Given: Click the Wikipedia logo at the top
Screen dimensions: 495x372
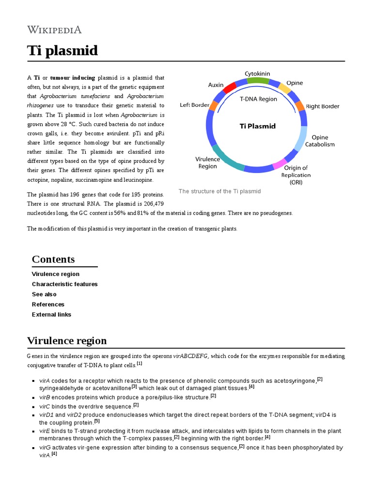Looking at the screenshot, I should [54, 29].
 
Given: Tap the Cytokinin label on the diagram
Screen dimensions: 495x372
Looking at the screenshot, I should [257, 73].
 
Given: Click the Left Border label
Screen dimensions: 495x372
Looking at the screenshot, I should [194, 105].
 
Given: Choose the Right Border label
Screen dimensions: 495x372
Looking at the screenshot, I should [323, 106].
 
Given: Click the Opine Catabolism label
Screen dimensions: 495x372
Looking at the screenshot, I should [323, 141].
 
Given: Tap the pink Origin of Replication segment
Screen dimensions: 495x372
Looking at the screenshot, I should [279, 165].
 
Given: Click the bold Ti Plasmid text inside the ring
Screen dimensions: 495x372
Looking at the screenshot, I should [258, 126].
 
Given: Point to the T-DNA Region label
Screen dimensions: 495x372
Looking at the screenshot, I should [259, 99].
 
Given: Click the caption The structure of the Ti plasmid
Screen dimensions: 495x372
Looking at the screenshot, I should [219, 191].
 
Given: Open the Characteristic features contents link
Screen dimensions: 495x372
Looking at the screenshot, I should [64, 284].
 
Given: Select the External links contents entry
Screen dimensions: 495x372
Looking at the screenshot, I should [51, 315].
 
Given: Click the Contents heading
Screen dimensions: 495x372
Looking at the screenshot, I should [53, 259].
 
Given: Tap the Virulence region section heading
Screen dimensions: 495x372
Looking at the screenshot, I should [67, 341].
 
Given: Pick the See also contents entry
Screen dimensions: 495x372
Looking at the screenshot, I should [44, 294].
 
